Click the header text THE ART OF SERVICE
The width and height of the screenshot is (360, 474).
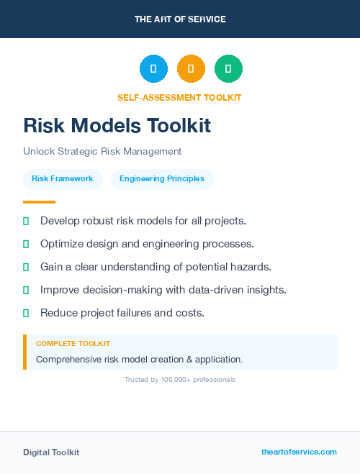tap(180, 19)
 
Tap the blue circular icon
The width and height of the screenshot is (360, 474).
tap(153, 69)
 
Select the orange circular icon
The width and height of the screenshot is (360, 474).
tap(191, 69)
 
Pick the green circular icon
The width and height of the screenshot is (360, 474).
tap(228, 69)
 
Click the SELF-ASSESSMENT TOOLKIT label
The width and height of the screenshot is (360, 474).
tap(179, 97)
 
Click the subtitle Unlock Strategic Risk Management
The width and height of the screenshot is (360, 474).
tap(102, 152)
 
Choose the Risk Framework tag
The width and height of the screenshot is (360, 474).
tap(63, 179)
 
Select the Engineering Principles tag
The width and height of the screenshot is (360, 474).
tap(162, 179)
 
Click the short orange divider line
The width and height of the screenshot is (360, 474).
tap(39, 202)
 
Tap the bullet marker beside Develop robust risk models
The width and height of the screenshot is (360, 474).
tap(26, 221)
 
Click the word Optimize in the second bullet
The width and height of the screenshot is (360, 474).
tap(63, 244)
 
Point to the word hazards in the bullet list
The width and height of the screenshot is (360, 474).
tap(251, 267)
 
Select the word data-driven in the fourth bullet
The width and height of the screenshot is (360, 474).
tap(220, 290)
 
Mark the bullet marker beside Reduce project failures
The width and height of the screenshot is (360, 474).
tap(26, 313)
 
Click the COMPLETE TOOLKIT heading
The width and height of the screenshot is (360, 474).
tap(73, 344)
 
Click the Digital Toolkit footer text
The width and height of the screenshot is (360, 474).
tap(51, 452)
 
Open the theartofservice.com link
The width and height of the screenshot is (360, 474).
tap(299, 452)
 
